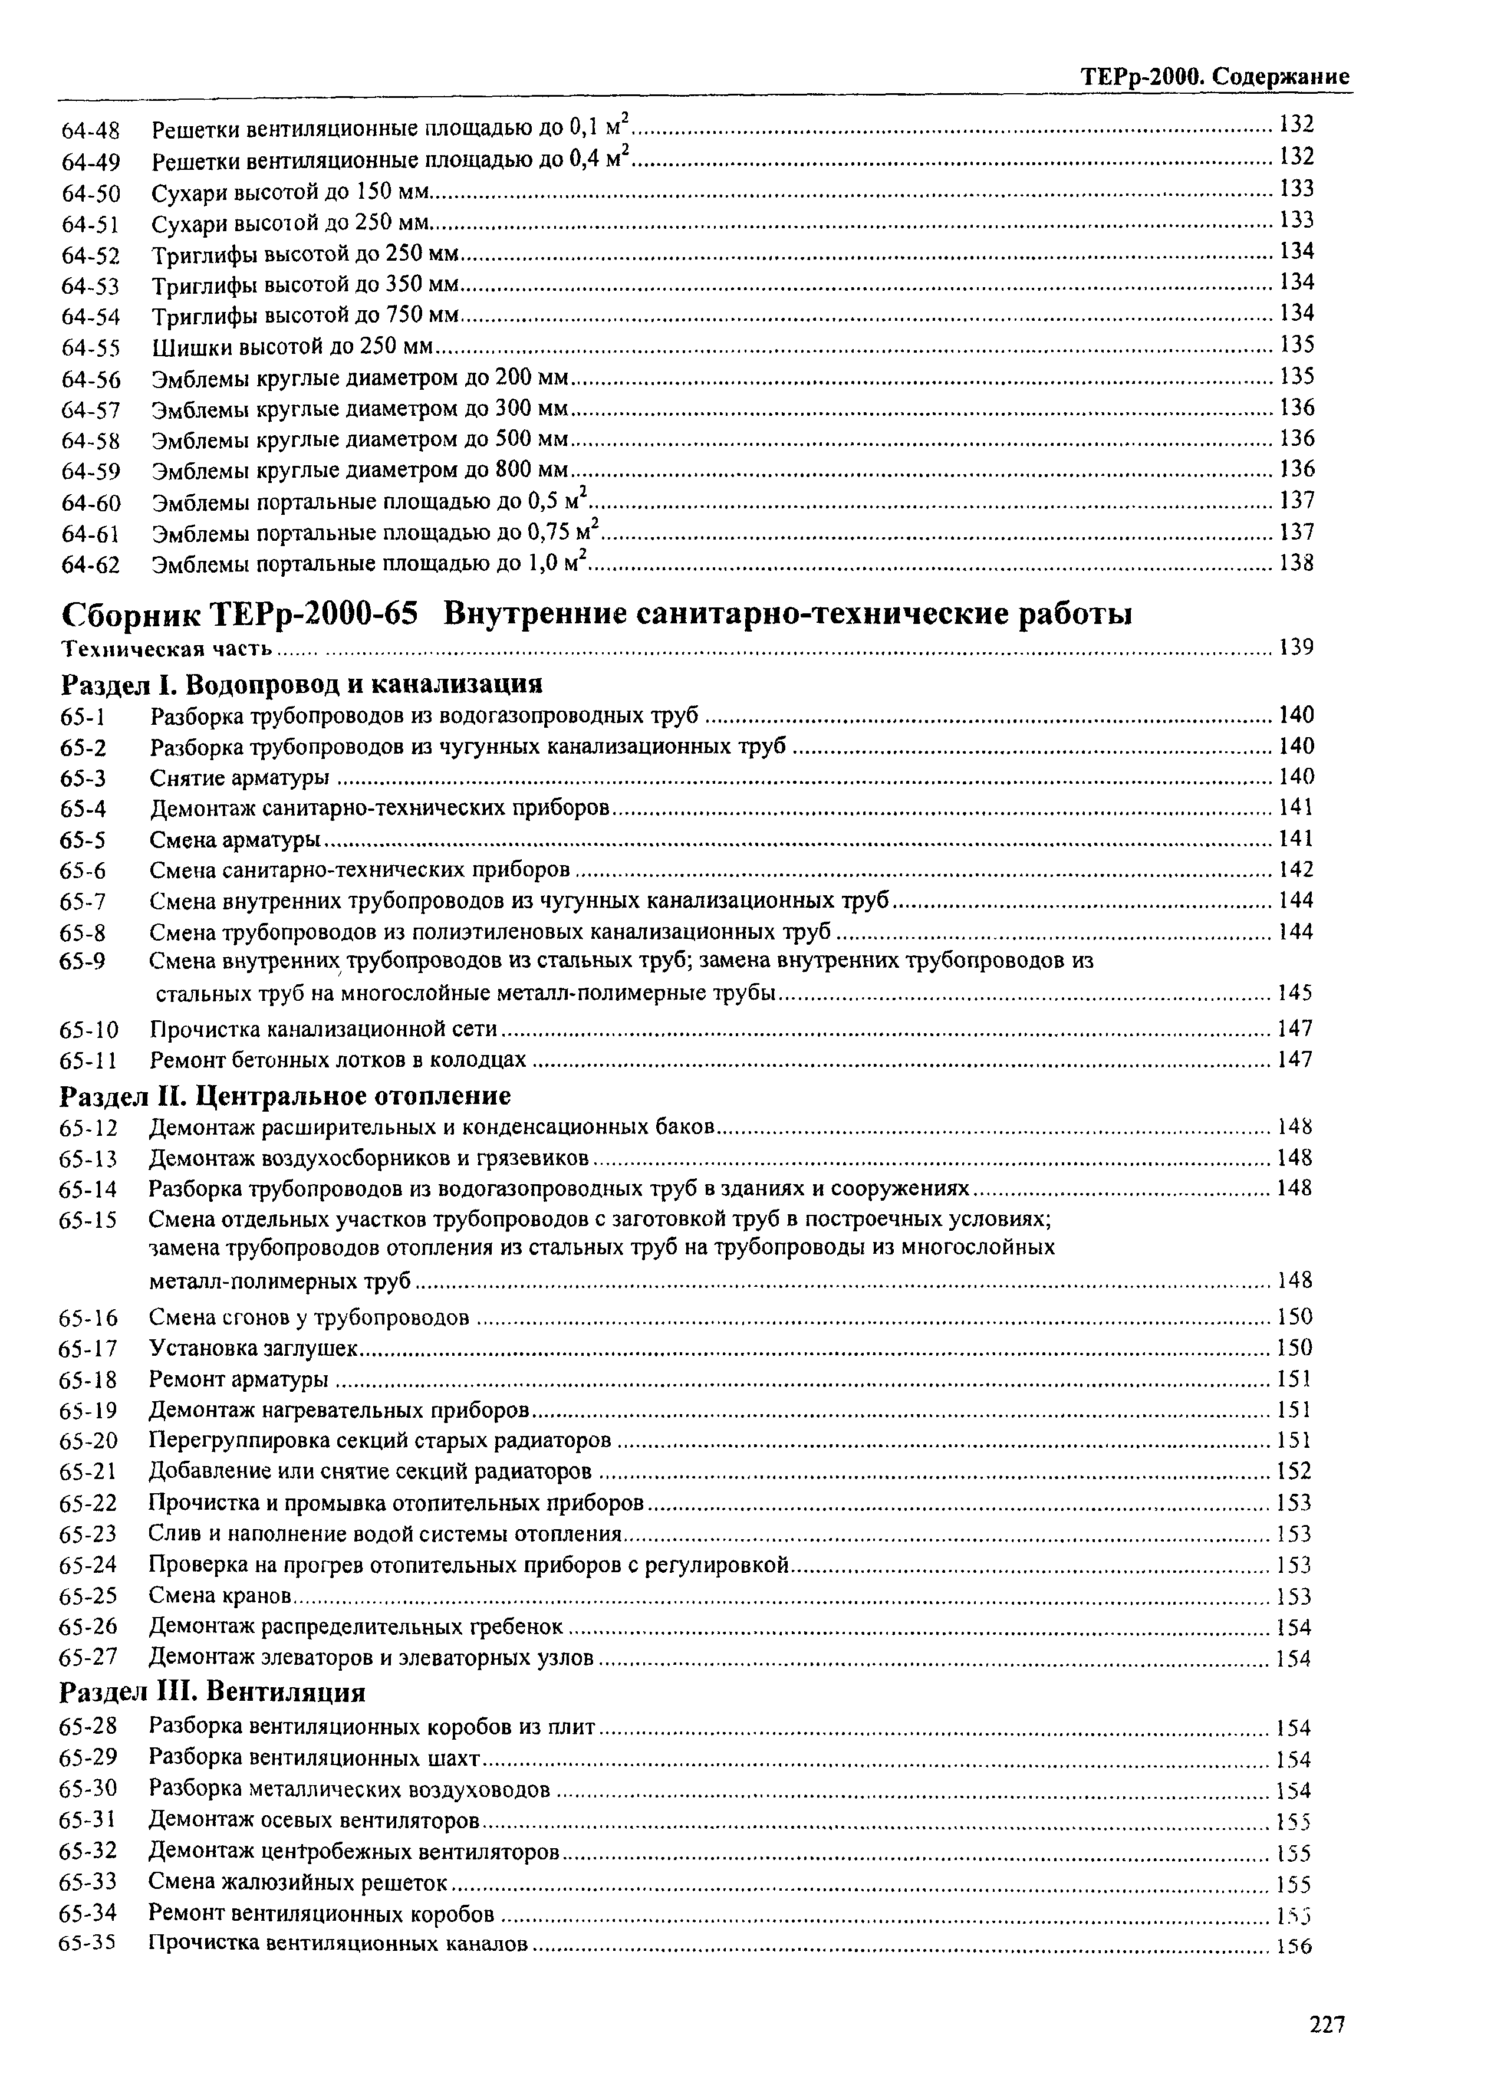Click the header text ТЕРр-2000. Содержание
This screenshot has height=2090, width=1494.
(x=1215, y=77)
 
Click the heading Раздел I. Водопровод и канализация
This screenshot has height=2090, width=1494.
(x=302, y=683)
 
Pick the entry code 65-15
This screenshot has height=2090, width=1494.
(x=88, y=1220)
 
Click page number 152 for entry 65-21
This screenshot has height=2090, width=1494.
(x=1294, y=1471)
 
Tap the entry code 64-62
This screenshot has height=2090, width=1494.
(x=91, y=565)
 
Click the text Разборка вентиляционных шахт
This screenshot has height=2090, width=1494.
(x=315, y=1759)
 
